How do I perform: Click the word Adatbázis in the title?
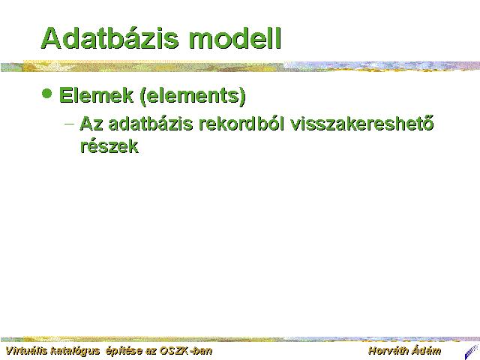[x=109, y=38]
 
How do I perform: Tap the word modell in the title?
[x=235, y=38]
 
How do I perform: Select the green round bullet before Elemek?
[x=46, y=93]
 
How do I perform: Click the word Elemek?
[x=96, y=95]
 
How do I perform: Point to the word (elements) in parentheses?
[x=193, y=96]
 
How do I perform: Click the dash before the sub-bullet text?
[x=70, y=124]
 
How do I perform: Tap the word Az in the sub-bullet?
[x=91, y=124]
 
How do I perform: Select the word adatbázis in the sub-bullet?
[x=150, y=124]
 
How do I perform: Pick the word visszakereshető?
[x=362, y=124]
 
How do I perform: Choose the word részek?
[x=109, y=146]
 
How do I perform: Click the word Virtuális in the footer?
[x=26, y=350]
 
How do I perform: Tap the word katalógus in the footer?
[x=75, y=351]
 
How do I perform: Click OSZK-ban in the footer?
[x=186, y=350]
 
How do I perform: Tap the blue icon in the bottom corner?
[x=472, y=352]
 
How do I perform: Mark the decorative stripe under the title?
[x=240, y=66]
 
